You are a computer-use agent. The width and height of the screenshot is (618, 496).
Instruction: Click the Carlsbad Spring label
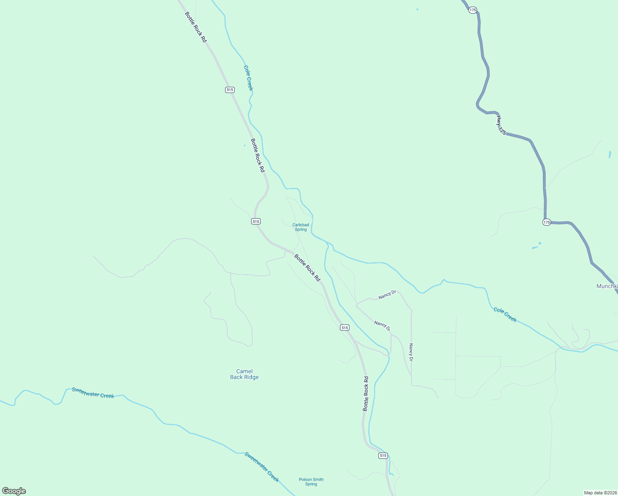300,227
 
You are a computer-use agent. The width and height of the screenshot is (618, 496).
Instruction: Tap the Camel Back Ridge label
244,374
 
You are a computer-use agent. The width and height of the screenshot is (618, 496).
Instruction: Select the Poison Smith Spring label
311,482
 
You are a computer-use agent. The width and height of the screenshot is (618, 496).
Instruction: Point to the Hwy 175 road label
501,125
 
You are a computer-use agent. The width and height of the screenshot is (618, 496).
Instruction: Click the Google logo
14,491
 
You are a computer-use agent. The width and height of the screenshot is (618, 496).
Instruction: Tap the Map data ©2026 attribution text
600,493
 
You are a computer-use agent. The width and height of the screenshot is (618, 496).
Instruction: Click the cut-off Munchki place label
607,286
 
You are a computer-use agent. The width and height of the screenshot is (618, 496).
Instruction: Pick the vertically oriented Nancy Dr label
411,352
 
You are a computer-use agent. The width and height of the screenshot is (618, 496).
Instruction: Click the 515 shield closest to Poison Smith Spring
383,455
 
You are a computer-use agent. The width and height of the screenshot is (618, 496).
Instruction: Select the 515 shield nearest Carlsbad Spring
256,222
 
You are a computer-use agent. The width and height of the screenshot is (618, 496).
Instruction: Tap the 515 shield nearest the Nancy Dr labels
345,327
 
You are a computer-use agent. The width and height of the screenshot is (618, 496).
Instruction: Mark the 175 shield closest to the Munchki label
547,222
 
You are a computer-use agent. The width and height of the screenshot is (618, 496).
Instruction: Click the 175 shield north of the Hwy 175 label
473,10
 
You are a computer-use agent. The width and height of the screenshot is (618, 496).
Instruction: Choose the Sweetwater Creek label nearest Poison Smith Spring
261,467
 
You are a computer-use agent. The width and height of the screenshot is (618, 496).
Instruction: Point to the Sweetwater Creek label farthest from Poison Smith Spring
93,393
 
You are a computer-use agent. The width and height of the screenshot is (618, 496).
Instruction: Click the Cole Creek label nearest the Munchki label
505,315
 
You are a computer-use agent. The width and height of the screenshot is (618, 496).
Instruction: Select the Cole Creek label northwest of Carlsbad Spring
248,78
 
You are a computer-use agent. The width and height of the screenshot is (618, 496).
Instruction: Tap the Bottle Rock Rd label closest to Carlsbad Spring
307,268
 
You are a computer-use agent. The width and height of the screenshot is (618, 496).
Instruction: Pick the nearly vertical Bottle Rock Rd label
366,393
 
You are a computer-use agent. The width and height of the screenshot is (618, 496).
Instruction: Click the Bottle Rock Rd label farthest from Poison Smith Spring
195,27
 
